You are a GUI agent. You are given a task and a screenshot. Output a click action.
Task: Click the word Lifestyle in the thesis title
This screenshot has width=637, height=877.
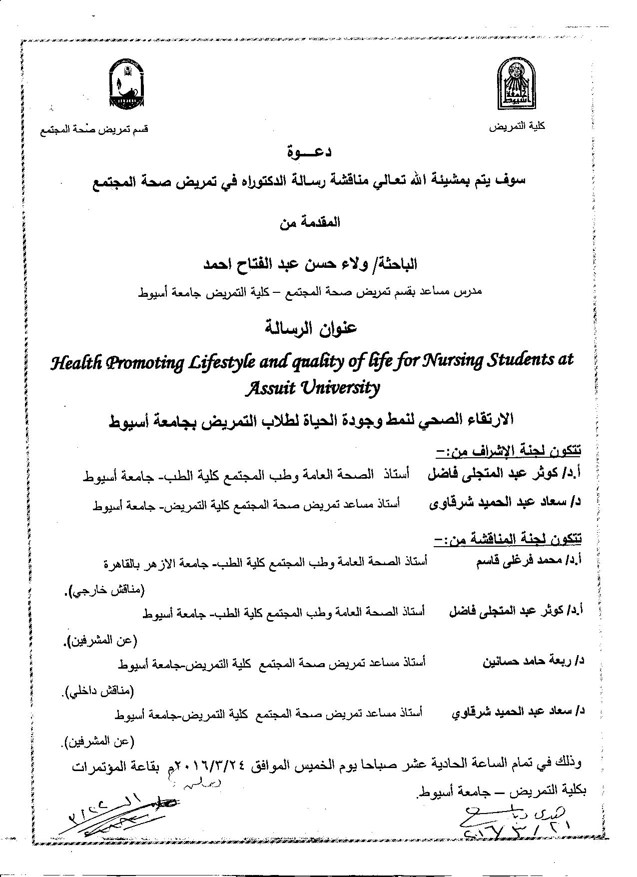point(214,361)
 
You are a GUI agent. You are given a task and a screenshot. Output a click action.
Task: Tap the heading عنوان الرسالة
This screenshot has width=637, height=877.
point(309,328)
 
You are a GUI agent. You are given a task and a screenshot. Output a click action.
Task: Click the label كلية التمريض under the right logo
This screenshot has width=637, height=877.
point(517,127)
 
